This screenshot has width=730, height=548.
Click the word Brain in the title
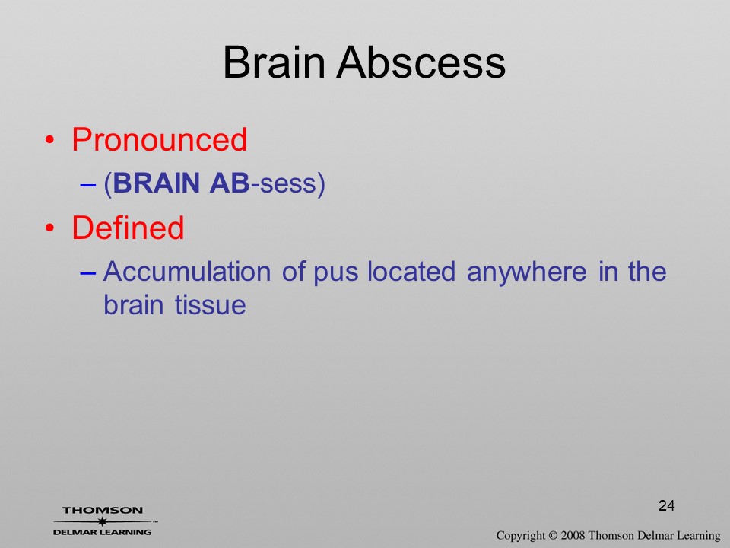coord(274,62)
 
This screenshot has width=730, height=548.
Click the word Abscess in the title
coord(421,62)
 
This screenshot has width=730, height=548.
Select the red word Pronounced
coord(159,139)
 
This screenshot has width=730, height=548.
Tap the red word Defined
coord(128,228)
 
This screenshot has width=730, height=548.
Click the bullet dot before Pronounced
coord(50,140)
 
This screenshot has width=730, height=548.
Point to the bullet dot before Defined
coord(50,228)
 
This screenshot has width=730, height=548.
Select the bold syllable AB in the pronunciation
coord(230,183)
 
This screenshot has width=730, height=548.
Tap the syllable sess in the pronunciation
coord(287,183)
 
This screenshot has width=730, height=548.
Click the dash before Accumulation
coord(88,272)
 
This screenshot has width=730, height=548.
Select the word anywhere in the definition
coord(526,274)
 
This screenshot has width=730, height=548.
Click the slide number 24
coord(667,505)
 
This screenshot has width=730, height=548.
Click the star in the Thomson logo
coord(103,521)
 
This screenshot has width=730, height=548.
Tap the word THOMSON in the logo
coord(103,510)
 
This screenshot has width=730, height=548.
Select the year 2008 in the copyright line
coord(573,535)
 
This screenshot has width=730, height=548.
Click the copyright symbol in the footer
coord(553,536)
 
